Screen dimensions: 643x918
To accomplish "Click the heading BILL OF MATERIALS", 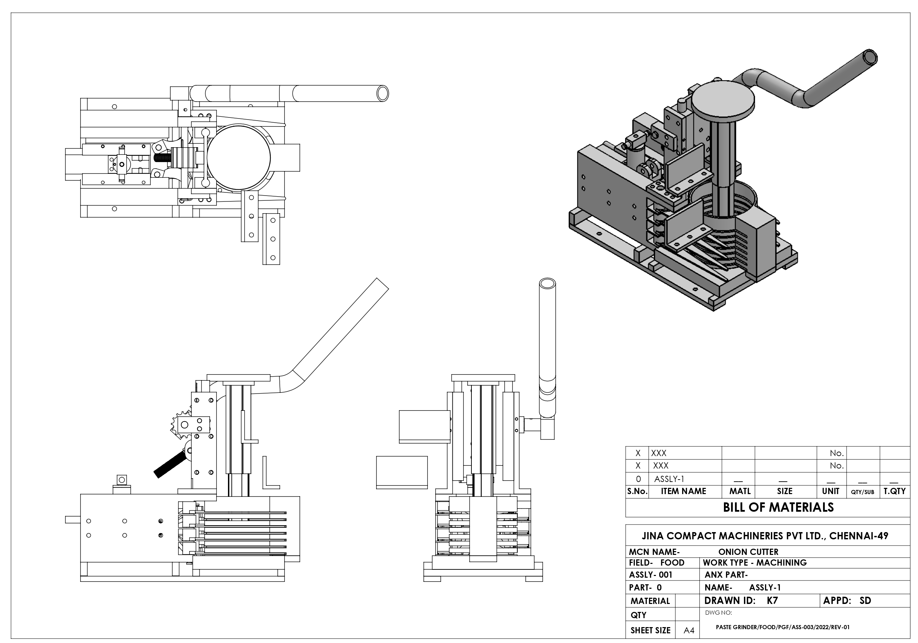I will click(x=778, y=508).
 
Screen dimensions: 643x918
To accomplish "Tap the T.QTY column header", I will click(x=895, y=491).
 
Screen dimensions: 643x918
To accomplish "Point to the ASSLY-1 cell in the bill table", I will click(x=669, y=479).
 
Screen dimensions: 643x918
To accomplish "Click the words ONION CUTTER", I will click(x=748, y=552).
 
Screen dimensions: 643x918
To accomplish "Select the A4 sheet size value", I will click(x=689, y=630).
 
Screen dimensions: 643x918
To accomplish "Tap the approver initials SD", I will click(x=865, y=601).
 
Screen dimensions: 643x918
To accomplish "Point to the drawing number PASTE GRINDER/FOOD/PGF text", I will click(x=783, y=627).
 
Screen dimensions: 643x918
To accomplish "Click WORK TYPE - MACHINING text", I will click(x=755, y=562).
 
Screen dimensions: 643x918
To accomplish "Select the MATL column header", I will click(x=740, y=491).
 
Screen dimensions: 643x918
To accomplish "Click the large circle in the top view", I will click(x=239, y=157).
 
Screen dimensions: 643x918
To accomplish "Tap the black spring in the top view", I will click(x=163, y=157).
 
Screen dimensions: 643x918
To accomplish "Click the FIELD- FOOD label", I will click(x=657, y=562).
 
